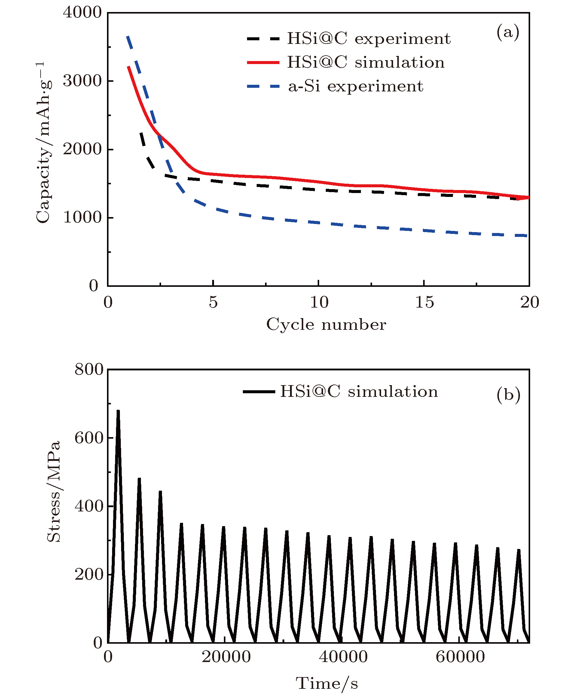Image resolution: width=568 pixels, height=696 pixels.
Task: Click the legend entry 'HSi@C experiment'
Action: click(369, 38)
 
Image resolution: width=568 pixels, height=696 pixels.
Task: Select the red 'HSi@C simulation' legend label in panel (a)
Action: click(366, 62)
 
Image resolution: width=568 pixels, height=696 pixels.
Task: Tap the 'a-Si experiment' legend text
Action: click(356, 86)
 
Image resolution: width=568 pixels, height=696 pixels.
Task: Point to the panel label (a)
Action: click(508, 32)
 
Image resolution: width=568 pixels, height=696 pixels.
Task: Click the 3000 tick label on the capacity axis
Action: click(82, 81)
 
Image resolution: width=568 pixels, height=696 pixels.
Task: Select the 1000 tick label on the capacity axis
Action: click(82, 217)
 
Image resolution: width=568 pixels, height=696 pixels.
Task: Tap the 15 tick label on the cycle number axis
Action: click(424, 302)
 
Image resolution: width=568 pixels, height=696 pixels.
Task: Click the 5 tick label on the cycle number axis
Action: click(213, 302)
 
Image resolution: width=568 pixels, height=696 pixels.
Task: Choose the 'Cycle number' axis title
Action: click(326, 325)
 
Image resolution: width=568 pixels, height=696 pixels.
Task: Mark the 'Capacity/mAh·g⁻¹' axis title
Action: click(44, 143)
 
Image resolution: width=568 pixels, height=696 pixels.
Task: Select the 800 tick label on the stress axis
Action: click(89, 369)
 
